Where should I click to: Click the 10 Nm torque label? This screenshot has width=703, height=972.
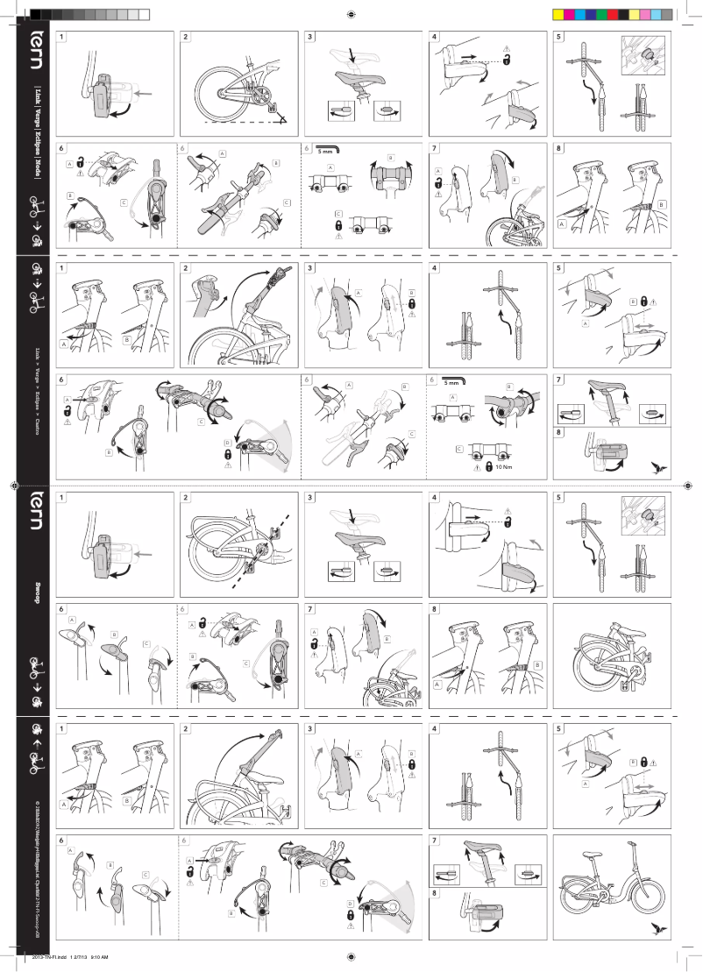(504, 467)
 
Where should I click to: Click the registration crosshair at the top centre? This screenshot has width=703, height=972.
(351, 15)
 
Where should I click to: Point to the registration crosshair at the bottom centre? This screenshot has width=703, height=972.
(351, 956)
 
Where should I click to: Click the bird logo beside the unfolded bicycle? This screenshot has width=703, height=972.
(657, 927)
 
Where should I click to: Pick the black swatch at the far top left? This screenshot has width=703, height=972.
(36, 15)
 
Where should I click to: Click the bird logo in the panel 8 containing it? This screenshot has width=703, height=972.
(657, 467)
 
